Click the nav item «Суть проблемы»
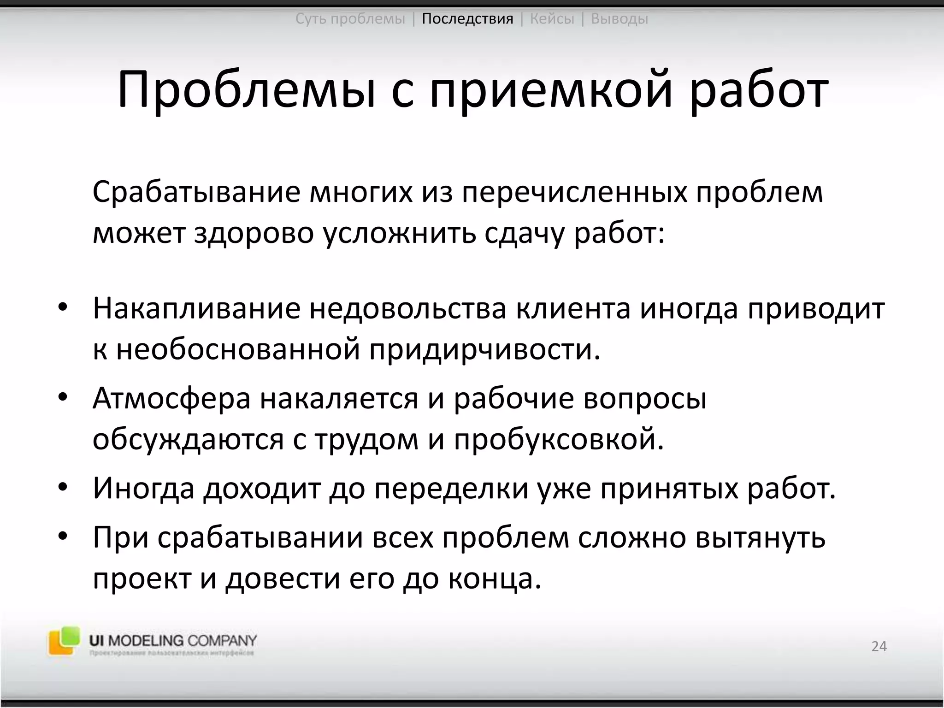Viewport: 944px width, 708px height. tap(350, 19)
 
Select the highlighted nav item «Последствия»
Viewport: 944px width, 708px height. tap(467, 19)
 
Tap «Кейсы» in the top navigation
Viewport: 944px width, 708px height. tap(552, 19)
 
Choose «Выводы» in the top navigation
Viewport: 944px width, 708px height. tap(619, 19)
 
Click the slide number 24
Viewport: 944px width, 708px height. tap(879, 646)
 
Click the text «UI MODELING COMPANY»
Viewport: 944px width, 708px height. tap(173, 640)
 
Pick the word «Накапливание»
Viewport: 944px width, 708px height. tap(196, 308)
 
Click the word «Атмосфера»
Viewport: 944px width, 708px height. tap(171, 398)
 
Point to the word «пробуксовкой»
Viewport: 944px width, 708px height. tap(559, 440)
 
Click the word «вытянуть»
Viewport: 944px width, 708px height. tap(761, 537)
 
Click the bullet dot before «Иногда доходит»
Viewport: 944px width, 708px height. tap(63, 487)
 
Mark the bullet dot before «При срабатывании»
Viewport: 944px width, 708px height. tap(63, 537)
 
